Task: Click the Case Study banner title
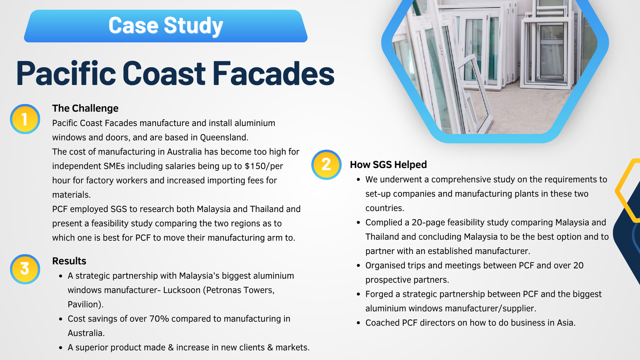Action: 166,25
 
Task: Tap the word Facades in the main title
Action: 274,73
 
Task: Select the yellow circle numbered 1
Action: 25,119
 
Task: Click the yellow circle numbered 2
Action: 326,165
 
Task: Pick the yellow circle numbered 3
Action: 25,269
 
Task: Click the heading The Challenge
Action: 85,108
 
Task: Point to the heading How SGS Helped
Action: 388,164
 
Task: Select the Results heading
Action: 69,261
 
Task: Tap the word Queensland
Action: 224,138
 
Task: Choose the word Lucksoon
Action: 182,290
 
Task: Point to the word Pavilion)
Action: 86,304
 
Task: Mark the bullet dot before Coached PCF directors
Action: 358,323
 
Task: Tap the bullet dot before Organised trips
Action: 358,266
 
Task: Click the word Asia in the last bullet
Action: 566,322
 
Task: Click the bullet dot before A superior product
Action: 60,348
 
